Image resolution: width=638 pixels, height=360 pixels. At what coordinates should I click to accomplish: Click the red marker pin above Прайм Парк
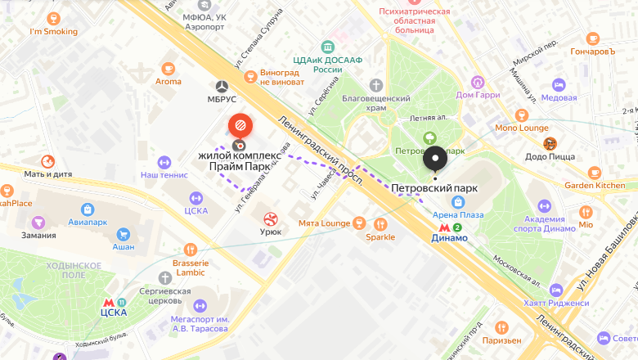pos(240,126)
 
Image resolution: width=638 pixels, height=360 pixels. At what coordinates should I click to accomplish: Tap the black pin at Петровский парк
pos(435,158)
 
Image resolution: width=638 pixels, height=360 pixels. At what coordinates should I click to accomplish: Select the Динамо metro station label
pos(450,238)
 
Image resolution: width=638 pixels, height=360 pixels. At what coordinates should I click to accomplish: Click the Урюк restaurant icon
pos(270,218)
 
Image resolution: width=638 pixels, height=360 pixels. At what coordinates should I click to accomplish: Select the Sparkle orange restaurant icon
pos(380,224)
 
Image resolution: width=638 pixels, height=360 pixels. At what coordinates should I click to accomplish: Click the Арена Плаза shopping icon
pos(459,201)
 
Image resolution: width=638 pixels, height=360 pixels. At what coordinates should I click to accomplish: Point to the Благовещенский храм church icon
pos(375,85)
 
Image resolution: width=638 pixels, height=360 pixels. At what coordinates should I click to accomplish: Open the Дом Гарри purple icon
pos(478,82)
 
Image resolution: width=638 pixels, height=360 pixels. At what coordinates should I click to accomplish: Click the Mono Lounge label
pos(522,128)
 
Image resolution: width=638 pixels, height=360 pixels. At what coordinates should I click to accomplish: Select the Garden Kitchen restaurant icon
pos(595,173)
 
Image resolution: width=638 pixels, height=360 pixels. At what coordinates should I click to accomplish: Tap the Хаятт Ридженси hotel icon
pos(557,290)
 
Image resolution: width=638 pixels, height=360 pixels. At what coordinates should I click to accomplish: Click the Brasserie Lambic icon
pos(191,249)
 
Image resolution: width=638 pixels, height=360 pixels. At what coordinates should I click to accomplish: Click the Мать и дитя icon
pos(47,161)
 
